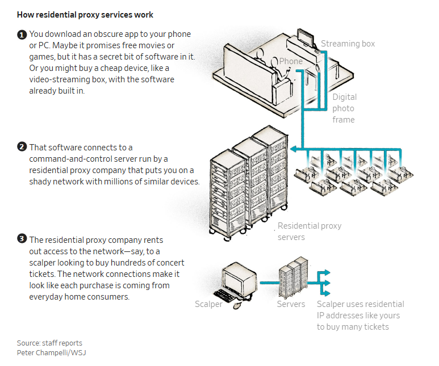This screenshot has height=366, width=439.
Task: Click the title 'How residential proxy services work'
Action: [x=85, y=15]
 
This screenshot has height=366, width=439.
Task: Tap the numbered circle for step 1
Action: [x=22, y=35]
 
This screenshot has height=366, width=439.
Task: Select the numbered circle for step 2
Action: [x=22, y=147]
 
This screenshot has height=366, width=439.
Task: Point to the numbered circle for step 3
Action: [x=22, y=239]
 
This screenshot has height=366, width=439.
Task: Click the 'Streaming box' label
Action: [x=348, y=44]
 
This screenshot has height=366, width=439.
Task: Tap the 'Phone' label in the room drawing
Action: [x=291, y=61]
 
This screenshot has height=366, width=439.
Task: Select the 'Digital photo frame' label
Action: [x=344, y=108]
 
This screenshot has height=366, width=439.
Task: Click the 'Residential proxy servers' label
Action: [x=310, y=232]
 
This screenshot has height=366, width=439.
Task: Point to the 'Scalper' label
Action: [x=208, y=304]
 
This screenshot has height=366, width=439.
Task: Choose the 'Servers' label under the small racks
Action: [x=291, y=304]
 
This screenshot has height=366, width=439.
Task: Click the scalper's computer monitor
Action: [x=240, y=279]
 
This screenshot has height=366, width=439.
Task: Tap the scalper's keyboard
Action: [x=224, y=295]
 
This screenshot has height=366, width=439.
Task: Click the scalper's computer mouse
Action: [x=237, y=305]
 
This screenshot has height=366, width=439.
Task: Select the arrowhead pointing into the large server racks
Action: [x=294, y=149]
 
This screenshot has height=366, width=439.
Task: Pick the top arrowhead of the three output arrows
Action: [x=327, y=272]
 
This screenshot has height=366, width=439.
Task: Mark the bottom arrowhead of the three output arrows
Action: [x=327, y=293]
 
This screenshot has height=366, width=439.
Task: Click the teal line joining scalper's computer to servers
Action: [x=269, y=283]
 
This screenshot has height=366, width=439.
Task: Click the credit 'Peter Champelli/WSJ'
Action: [x=51, y=352]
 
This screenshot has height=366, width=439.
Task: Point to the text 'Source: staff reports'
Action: [x=49, y=343]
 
